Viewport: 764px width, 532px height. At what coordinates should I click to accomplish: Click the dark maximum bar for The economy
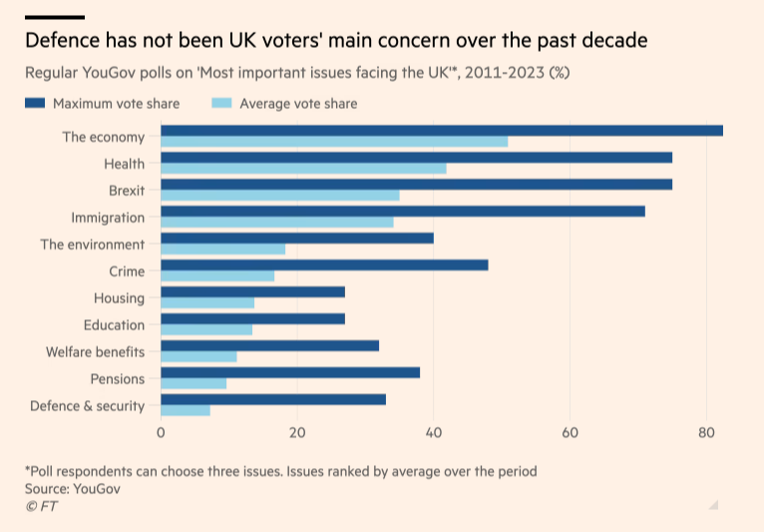[x=441, y=131]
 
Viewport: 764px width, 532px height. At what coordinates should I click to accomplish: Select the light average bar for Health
[x=303, y=169]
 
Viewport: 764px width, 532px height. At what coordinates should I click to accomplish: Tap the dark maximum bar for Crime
[x=324, y=265]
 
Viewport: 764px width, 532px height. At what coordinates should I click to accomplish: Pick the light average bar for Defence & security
[x=186, y=410]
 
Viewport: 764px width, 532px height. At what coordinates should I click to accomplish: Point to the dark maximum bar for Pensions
[x=290, y=372]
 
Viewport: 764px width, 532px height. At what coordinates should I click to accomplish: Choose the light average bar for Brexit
[x=280, y=196]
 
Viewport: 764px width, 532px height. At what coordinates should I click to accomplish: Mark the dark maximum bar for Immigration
[x=403, y=211]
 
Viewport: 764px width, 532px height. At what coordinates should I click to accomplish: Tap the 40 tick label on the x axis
[x=434, y=433]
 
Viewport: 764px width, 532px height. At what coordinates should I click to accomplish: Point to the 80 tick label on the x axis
[x=706, y=433]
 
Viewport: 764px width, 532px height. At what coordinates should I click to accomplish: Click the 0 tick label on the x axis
[x=162, y=433]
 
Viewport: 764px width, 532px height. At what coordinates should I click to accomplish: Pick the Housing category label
[x=119, y=298]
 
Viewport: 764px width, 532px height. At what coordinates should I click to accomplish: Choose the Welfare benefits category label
[x=96, y=352]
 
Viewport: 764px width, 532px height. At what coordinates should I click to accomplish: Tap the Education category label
[x=115, y=325]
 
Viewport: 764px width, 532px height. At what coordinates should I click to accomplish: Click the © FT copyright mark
[x=42, y=506]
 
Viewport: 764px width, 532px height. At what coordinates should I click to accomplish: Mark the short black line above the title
[x=54, y=17]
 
